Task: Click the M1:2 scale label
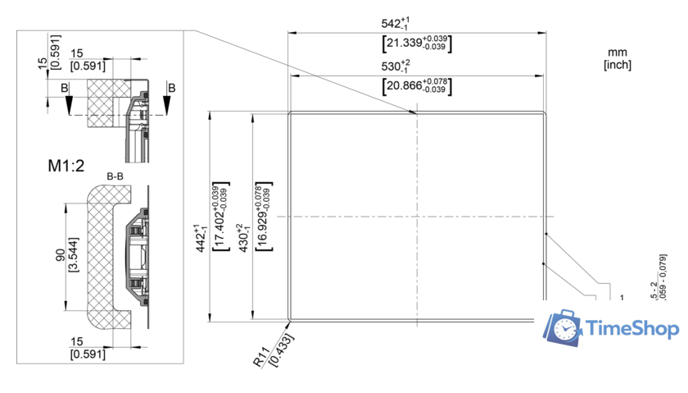[66, 167]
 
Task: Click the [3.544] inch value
[74, 258]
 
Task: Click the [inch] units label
[618, 63]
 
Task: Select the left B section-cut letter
[65, 87]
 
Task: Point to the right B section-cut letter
[171, 87]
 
